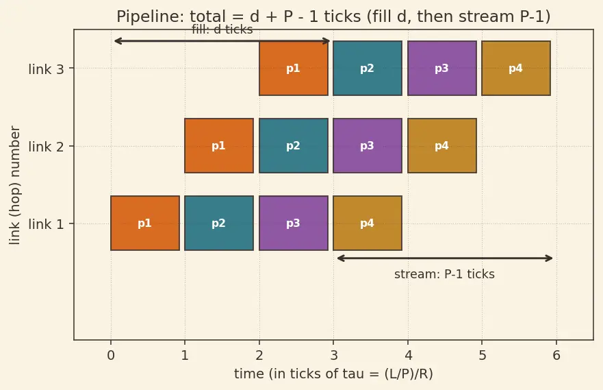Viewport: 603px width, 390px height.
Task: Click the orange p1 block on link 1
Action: [x=145, y=223]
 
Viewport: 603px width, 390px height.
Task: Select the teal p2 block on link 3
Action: [x=368, y=68]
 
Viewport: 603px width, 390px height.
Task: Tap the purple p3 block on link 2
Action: [x=368, y=145]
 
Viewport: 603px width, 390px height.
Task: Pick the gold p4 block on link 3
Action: [x=515, y=68]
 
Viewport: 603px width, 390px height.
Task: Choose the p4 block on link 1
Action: [x=368, y=223]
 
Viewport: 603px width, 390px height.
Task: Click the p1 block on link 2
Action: [x=219, y=145]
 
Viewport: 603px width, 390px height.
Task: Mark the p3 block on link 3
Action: [x=442, y=68]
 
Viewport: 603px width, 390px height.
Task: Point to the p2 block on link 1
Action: [x=219, y=223]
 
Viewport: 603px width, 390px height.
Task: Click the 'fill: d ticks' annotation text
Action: [x=222, y=29]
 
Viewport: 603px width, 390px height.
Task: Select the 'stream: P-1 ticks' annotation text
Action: [x=444, y=274]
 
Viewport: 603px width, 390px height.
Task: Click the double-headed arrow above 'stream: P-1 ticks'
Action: [x=445, y=258]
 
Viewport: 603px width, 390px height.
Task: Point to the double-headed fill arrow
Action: [x=222, y=41]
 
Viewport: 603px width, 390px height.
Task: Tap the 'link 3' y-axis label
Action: [x=46, y=69]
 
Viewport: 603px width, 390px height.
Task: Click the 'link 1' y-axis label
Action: [x=46, y=224]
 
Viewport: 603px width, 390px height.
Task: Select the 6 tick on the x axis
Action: [x=556, y=355]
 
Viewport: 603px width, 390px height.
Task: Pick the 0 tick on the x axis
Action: [x=111, y=355]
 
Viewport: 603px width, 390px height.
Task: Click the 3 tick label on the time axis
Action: [x=334, y=355]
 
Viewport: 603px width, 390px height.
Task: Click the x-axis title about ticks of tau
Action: [x=333, y=374]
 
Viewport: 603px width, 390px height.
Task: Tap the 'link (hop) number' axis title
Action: [x=14, y=185]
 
